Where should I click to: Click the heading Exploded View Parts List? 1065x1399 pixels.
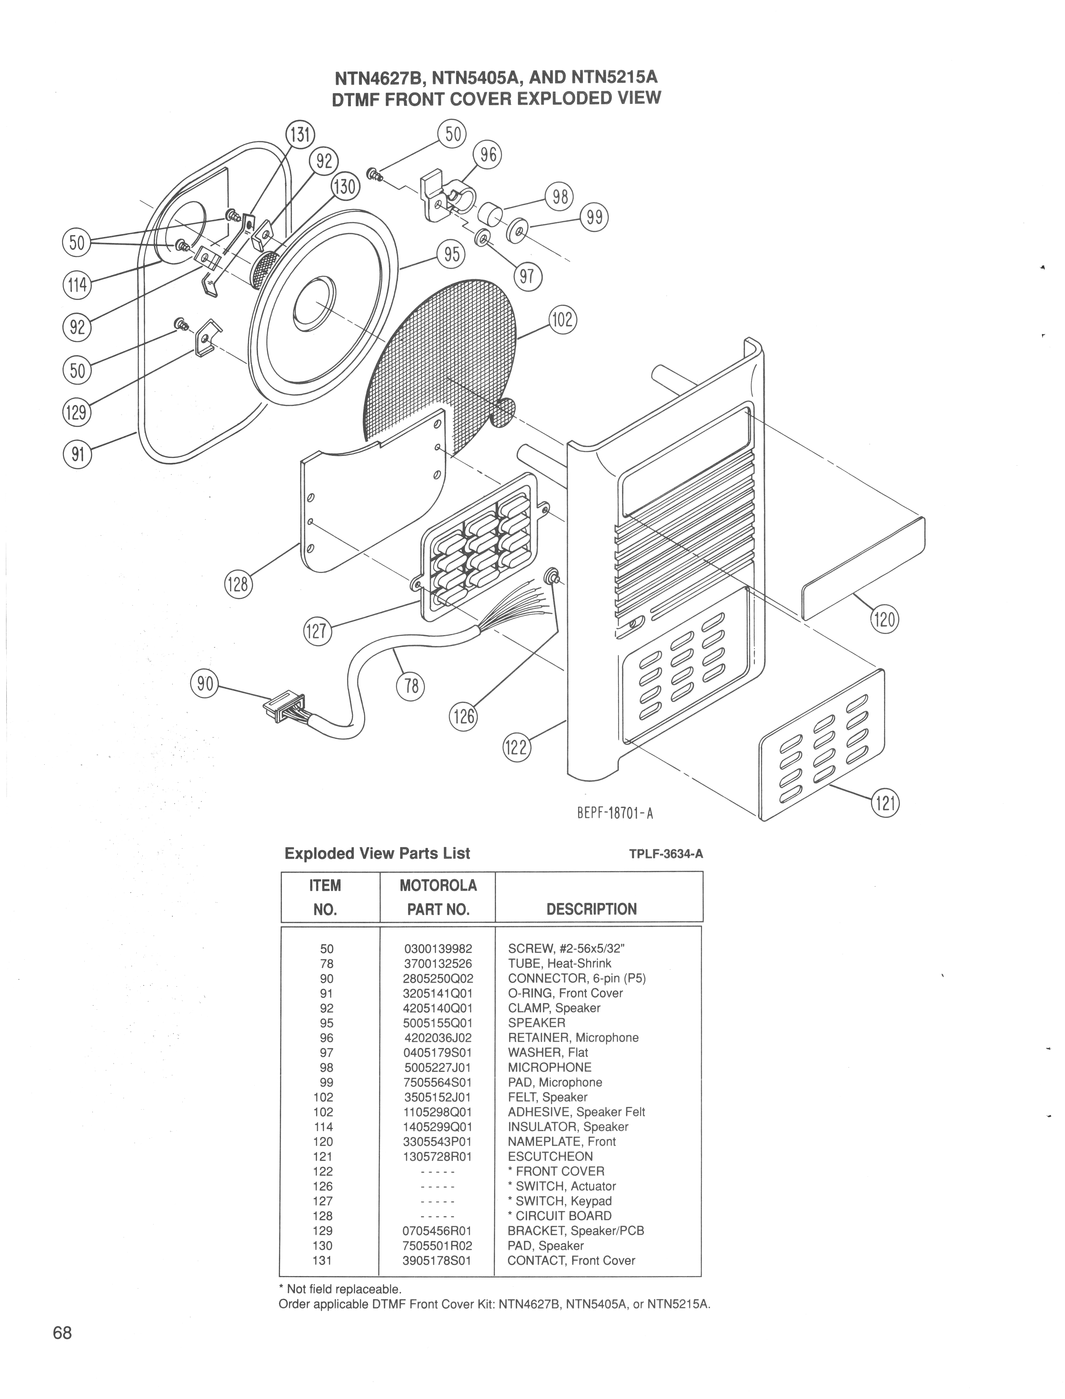377,854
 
